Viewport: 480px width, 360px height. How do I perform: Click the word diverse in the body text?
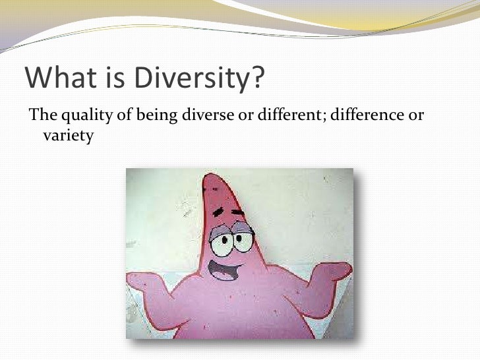(x=202, y=117)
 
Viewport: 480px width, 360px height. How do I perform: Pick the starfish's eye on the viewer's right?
(x=243, y=238)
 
